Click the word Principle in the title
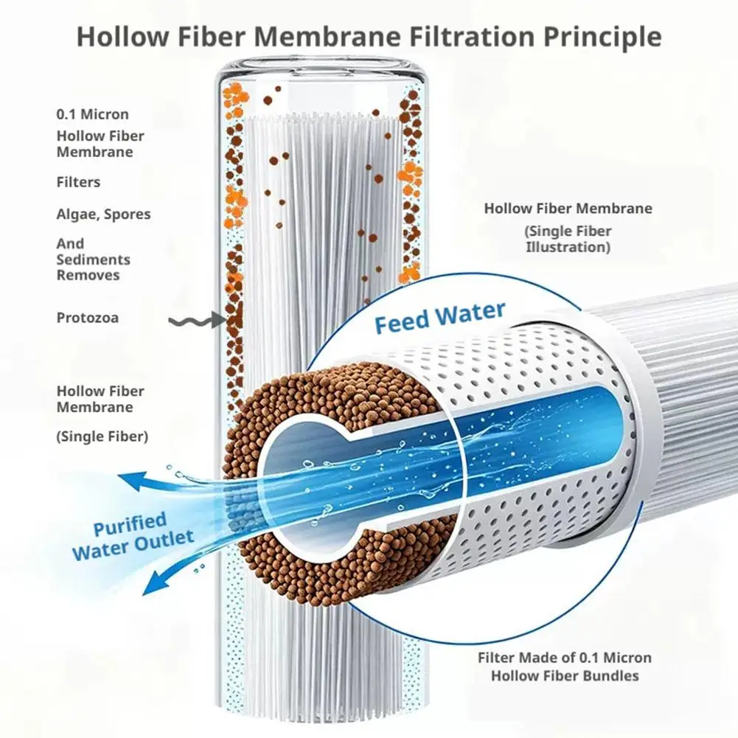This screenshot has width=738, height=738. tap(602, 37)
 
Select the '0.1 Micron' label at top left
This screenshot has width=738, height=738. tap(93, 114)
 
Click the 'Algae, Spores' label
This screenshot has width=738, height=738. tap(103, 215)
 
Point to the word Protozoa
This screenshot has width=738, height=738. tap(88, 318)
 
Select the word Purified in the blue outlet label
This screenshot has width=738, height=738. tap(130, 524)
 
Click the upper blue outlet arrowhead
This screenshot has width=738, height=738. tap(130, 481)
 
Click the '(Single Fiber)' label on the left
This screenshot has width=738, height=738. tap(102, 436)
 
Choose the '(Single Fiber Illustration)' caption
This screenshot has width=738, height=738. tap(568, 239)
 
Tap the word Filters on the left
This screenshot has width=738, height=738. tap(79, 182)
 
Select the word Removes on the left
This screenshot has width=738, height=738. tap(88, 275)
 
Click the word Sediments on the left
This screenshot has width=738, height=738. tap(93, 260)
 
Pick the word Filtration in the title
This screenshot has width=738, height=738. tap(472, 36)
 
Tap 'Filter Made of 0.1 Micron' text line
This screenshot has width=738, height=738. tap(565, 658)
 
